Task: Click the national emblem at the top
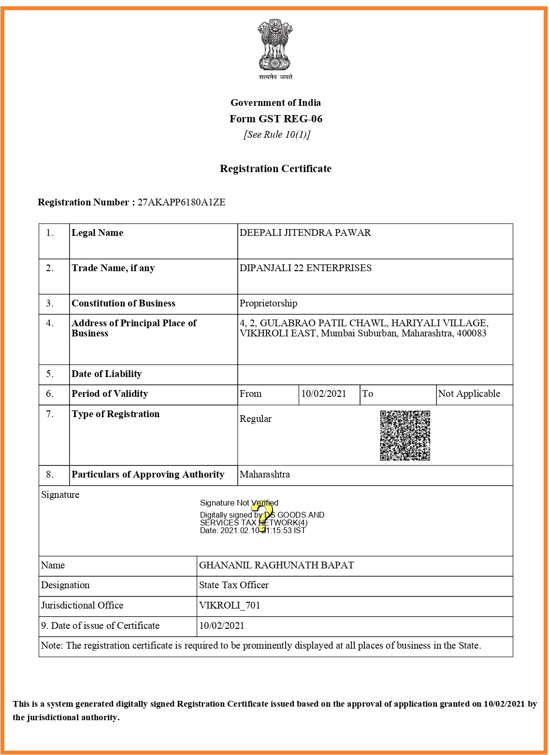[x=275, y=45]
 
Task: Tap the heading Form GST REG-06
[x=275, y=119]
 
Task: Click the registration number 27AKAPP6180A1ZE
[x=182, y=203]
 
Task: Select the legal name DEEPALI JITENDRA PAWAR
[x=305, y=233]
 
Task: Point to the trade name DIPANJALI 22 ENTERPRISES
[x=305, y=268]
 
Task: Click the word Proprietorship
[x=268, y=304]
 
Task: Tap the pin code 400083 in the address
[x=471, y=334]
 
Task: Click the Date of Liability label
[x=107, y=374]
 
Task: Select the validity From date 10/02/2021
[x=323, y=394]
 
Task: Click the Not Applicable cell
[x=469, y=394]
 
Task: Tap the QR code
[x=405, y=436]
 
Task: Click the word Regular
[x=255, y=419]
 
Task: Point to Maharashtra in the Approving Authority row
[x=265, y=475]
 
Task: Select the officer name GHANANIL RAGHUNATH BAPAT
[x=276, y=566]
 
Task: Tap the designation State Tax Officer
[x=234, y=585]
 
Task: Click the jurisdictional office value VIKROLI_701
[x=230, y=606]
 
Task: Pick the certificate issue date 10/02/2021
[x=222, y=626]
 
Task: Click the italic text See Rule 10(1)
[x=276, y=135]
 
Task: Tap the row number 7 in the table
[x=50, y=414]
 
